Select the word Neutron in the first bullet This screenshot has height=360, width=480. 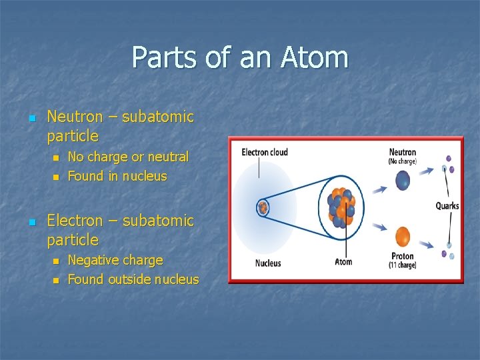[75, 117]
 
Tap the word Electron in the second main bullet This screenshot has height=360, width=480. [75, 220]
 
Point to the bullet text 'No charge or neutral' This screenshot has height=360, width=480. [128, 157]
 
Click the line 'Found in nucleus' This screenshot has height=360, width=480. [117, 176]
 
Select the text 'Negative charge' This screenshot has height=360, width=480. [115, 260]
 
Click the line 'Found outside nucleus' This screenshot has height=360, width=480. [133, 279]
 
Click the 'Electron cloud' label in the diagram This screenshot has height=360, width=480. [265, 152]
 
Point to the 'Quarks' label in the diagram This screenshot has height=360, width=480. [447, 206]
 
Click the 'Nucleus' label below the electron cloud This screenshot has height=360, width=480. [268, 263]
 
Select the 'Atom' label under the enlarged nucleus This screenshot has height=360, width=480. [343, 261]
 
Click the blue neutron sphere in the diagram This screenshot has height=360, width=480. [403, 180]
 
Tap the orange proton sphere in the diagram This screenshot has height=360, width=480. [403, 236]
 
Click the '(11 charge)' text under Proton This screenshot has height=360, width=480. [403, 265]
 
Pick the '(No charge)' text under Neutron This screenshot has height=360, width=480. [403, 161]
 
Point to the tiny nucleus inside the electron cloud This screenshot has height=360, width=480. [263, 207]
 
